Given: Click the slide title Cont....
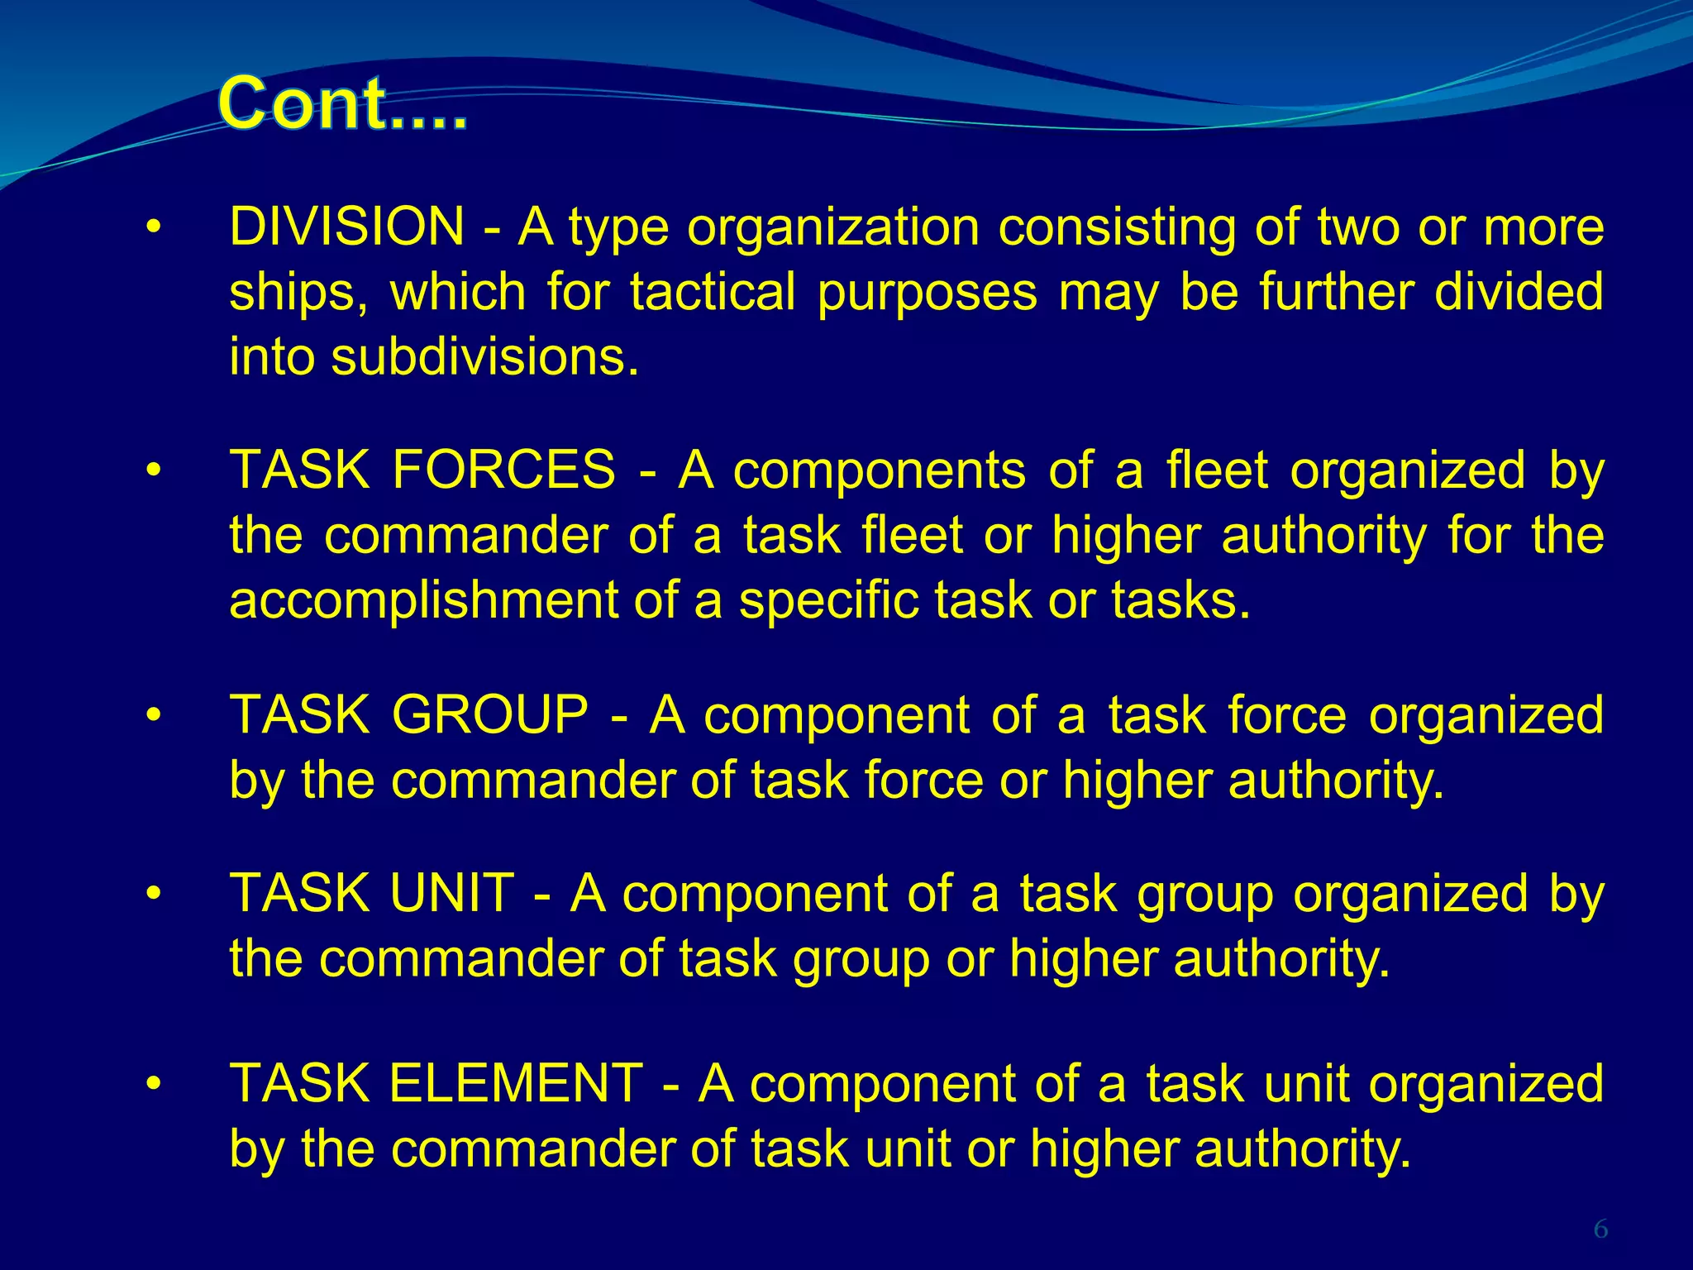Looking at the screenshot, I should click(343, 104).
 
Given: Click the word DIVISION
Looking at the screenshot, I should click(347, 227).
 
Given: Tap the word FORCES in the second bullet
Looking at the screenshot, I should click(504, 470).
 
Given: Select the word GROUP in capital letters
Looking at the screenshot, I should click(489, 715).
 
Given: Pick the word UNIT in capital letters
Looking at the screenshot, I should click(452, 895).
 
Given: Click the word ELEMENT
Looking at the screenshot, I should click(516, 1084).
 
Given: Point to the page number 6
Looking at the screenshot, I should click(1600, 1230).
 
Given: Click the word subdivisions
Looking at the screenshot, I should click(486, 358).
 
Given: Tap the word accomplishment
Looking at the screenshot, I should click(423, 600).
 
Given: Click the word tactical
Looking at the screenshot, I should click(713, 293).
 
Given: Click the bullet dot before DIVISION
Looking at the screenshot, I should click(152, 228).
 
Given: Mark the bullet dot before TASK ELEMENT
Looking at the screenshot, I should click(152, 1085).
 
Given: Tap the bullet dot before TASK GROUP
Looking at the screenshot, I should click(152, 716).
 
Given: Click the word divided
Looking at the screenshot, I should click(1519, 293).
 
